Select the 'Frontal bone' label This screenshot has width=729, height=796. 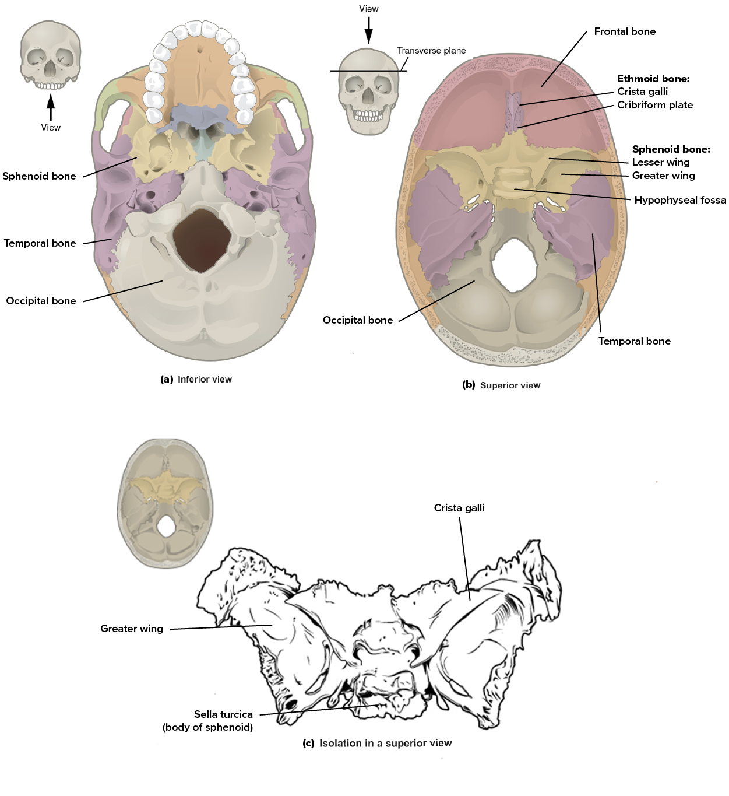point(625,31)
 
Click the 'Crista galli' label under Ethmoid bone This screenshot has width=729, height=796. point(642,92)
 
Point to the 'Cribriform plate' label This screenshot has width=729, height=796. point(655,105)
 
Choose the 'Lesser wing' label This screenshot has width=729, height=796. point(661,162)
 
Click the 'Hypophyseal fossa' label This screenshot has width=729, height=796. point(680,200)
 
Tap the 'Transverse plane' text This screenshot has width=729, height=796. point(432,51)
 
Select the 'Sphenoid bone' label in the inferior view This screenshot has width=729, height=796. point(39,176)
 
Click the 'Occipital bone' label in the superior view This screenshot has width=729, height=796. point(358,320)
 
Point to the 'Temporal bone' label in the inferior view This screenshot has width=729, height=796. point(40,243)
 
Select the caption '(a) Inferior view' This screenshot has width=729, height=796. point(196,380)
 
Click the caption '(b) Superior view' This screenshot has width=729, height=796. point(501,385)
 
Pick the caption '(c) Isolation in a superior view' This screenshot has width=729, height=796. point(377,743)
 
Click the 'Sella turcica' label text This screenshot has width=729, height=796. point(223,715)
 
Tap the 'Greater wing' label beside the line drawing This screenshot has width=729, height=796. point(132,629)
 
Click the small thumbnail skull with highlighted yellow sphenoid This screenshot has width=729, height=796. point(165,503)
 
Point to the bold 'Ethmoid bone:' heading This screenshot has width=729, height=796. point(653,79)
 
